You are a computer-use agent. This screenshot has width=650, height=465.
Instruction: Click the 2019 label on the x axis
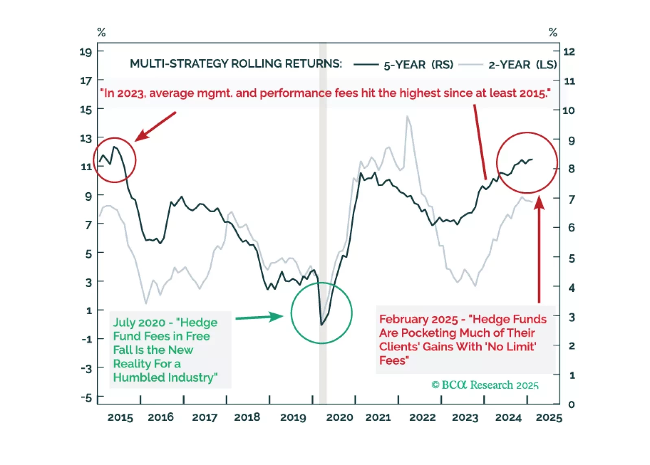[x=293, y=417]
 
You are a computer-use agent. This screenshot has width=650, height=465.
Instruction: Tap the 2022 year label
[x=422, y=417]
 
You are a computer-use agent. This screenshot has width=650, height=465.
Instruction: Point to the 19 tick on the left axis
[x=86, y=52]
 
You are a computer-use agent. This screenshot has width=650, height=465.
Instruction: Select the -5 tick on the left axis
[x=86, y=397]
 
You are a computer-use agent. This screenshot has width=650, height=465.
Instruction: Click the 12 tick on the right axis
[x=569, y=52]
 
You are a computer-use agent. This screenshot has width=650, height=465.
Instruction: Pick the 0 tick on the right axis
[x=571, y=404]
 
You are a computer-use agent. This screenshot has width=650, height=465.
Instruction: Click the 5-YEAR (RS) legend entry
[x=418, y=65]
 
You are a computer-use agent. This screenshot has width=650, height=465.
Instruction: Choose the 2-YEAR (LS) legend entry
[x=522, y=65]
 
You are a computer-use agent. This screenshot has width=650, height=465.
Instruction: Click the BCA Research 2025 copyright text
[x=485, y=385]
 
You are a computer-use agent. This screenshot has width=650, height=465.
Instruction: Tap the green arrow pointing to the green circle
[x=259, y=317]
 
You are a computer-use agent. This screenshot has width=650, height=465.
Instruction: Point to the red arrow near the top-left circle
[x=155, y=126]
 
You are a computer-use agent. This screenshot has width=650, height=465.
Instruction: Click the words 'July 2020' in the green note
[x=139, y=322]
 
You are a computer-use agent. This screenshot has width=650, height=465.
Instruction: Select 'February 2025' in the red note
[x=418, y=319]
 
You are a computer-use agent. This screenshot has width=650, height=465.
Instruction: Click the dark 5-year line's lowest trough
[x=321, y=324]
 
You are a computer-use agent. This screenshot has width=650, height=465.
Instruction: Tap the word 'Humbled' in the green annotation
[x=139, y=377]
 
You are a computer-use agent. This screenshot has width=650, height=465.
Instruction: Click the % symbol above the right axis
[x=553, y=32]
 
